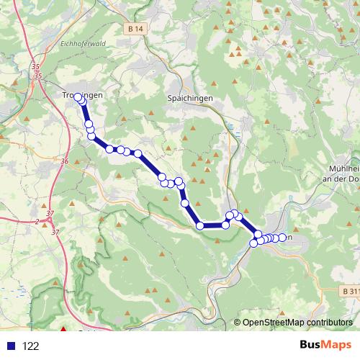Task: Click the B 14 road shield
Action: pos(133,28)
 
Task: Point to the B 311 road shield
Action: pos(348,291)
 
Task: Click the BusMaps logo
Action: pos(321,346)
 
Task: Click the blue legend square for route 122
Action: pos(11,346)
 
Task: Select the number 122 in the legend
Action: pos(31,346)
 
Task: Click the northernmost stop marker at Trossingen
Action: pos(78,97)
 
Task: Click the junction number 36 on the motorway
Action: pos(65,162)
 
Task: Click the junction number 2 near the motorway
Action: pos(36,221)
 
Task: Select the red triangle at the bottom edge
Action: pos(63,331)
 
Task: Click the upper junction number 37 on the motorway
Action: pos(49,213)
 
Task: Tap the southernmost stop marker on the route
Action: pos(253,243)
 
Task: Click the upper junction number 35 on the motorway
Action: pos(35,68)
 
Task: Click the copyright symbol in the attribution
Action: pos(238,323)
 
